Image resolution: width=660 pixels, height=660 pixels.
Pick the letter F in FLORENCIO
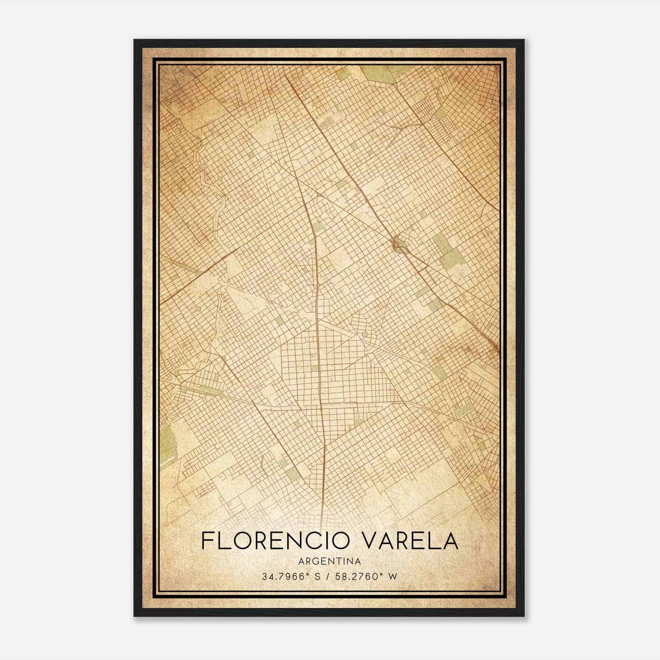click(207, 541)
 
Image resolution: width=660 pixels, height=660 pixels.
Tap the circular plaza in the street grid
click(365, 334)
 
